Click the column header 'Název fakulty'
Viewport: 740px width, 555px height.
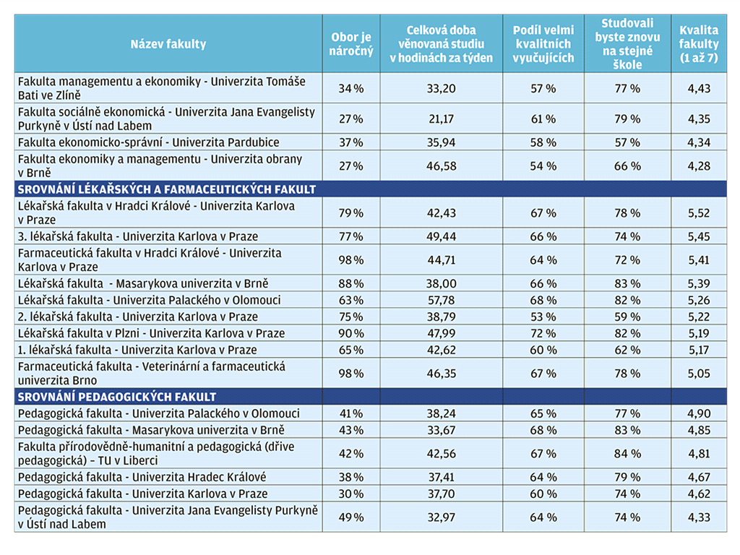point(168,44)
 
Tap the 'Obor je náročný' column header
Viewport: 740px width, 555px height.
point(351,44)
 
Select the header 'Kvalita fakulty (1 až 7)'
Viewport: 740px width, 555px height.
point(699,44)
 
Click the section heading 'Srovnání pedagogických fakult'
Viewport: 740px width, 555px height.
point(116,397)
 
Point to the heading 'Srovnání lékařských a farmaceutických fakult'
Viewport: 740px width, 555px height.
point(167,189)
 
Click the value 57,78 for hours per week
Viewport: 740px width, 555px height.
point(442,300)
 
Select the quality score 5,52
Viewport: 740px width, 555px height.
point(699,213)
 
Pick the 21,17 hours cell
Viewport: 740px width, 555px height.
point(442,119)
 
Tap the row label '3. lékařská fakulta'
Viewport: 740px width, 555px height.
point(65,236)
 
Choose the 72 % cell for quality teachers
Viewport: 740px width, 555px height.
point(543,333)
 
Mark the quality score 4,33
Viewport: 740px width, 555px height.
point(699,517)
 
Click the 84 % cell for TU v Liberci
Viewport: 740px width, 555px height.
point(627,454)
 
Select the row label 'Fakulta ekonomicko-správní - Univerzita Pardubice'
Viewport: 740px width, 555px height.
point(149,142)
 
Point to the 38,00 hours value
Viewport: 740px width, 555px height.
point(442,283)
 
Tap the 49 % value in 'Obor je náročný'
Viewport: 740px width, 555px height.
point(351,517)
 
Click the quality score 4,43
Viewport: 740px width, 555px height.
point(699,88)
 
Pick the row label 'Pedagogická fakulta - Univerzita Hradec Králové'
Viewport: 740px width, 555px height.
point(142,477)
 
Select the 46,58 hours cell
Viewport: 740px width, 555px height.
point(442,166)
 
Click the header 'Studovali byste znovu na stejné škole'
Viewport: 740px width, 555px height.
point(627,44)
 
